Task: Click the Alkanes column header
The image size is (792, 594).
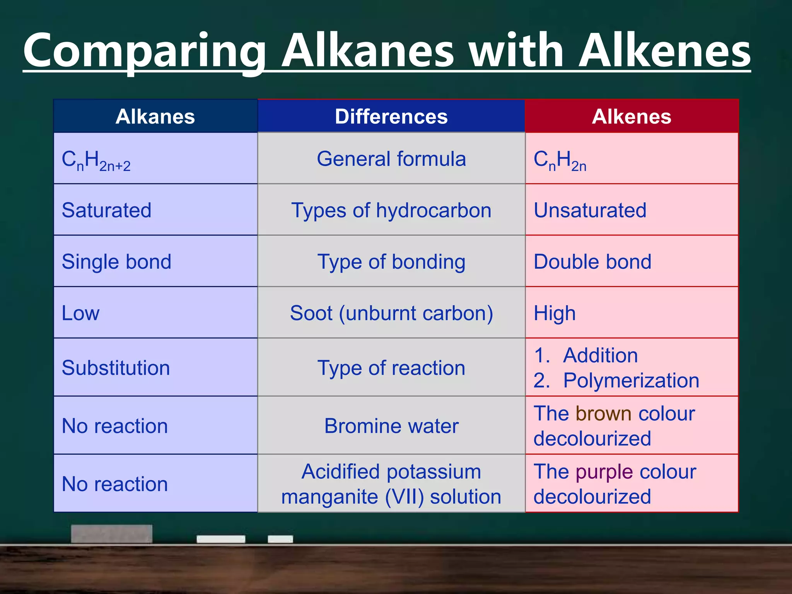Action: [155, 116]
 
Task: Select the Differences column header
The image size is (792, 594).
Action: [391, 116]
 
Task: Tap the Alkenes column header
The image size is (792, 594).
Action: [632, 116]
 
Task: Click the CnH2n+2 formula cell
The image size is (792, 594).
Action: [96, 160]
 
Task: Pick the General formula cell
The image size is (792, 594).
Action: [391, 159]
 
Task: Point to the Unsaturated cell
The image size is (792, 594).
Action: [590, 210]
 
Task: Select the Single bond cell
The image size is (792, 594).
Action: [116, 262]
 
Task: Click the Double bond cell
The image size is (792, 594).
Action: [592, 262]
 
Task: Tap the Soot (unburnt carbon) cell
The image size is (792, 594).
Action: [391, 313]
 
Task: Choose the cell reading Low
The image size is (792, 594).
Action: [81, 313]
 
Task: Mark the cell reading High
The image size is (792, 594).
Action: [554, 313]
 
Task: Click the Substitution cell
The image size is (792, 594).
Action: [116, 368]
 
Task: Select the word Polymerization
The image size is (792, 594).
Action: [631, 381]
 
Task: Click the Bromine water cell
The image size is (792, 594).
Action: [391, 426]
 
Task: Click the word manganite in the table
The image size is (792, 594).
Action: [329, 497]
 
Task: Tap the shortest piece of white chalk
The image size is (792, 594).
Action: [280, 539]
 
